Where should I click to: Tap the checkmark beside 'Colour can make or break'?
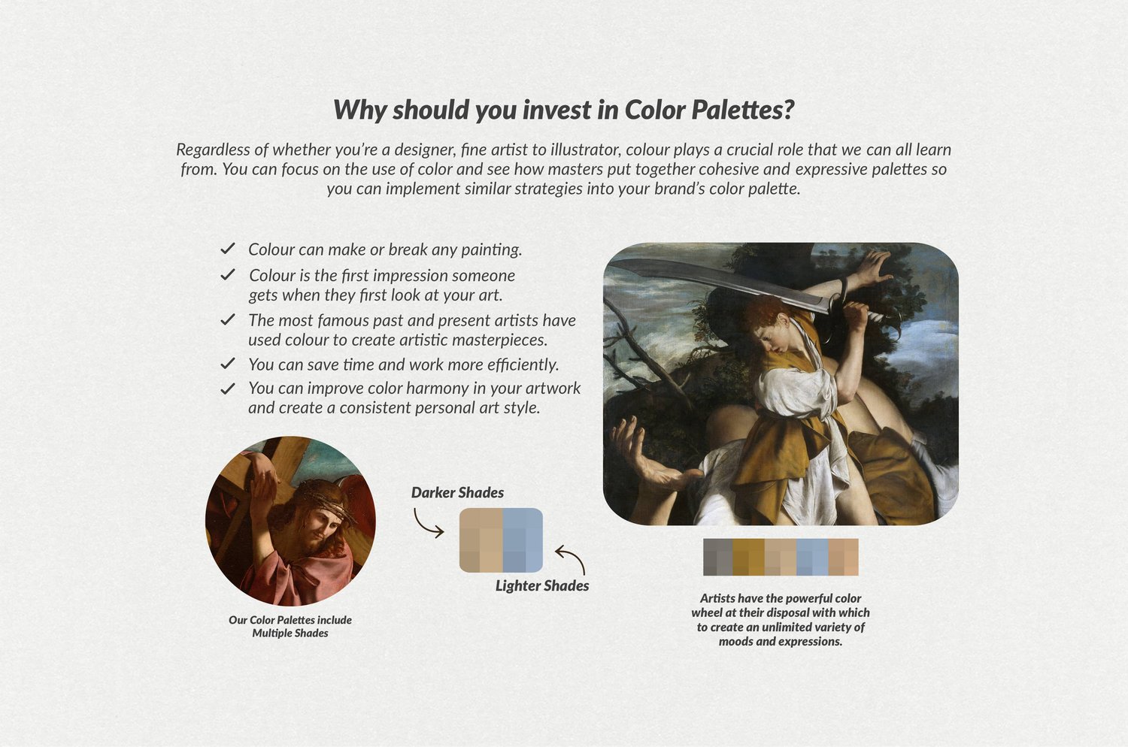pyautogui.click(x=228, y=249)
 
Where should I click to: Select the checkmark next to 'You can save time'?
pyautogui.click(x=228, y=364)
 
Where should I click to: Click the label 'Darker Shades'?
pyautogui.click(x=457, y=492)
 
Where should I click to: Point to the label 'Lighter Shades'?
pyautogui.click(x=542, y=585)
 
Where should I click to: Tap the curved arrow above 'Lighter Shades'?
pyautogui.click(x=572, y=558)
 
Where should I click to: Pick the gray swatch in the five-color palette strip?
pyautogui.click(x=717, y=557)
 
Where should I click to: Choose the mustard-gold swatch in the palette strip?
pyautogui.click(x=748, y=557)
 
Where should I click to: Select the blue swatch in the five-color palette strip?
pyautogui.click(x=812, y=557)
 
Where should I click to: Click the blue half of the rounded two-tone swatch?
pyautogui.click(x=523, y=540)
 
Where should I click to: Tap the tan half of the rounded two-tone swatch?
pyautogui.click(x=481, y=540)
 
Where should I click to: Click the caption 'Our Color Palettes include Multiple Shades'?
pyautogui.click(x=290, y=626)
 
